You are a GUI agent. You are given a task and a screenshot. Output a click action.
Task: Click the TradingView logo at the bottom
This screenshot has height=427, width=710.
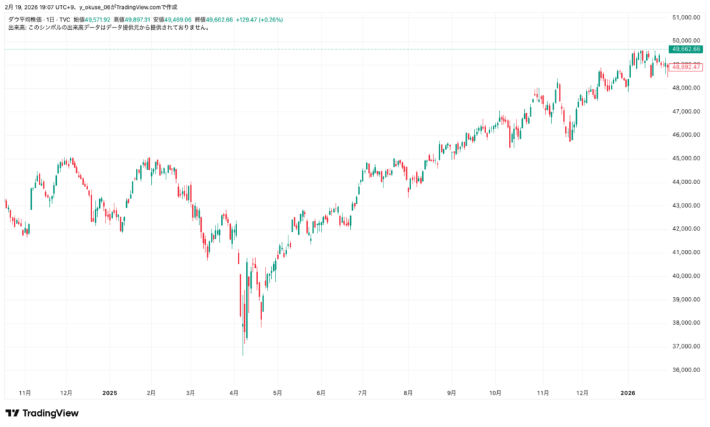click(42, 413)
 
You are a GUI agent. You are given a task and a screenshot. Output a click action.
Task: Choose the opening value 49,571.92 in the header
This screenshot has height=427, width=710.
click(96, 20)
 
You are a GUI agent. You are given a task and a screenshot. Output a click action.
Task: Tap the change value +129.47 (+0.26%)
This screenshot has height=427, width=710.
click(259, 20)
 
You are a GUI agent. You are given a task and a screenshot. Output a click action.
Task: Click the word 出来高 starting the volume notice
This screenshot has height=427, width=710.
click(16, 28)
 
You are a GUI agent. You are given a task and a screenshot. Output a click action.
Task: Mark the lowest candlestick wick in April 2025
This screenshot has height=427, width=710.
click(243, 353)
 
